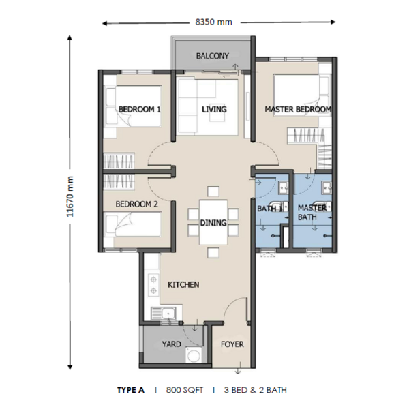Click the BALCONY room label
212,56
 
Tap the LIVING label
214,109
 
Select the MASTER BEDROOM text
298,109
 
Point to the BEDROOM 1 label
140,109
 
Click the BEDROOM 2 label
137,204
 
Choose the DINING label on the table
213,223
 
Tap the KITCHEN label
183,284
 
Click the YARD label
171,344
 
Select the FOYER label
232,344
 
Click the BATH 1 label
270,209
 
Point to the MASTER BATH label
312,212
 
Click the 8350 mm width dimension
213,22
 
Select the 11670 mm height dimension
70,197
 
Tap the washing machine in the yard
194,354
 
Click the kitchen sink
164,313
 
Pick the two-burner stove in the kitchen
153,285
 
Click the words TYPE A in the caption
131,390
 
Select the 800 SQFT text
185,390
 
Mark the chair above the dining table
213,192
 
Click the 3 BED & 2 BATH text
255,390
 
